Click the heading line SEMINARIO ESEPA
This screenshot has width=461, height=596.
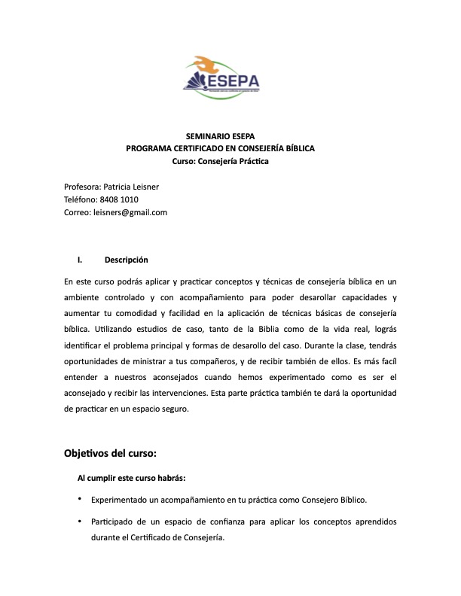(x=220, y=136)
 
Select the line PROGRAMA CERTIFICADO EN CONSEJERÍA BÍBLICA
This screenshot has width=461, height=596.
(x=220, y=149)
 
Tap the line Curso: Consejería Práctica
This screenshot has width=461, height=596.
(x=220, y=161)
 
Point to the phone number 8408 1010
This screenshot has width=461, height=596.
(x=119, y=199)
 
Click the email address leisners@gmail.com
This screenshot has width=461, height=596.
(x=130, y=212)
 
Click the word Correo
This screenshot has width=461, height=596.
(x=78, y=212)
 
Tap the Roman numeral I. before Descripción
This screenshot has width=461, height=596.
(x=79, y=260)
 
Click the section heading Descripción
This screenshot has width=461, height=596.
(x=127, y=260)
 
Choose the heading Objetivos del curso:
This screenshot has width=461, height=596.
(x=110, y=454)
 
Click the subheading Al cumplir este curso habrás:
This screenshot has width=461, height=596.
(x=132, y=478)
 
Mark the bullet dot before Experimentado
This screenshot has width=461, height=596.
(x=80, y=498)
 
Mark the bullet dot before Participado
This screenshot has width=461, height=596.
(x=80, y=521)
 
